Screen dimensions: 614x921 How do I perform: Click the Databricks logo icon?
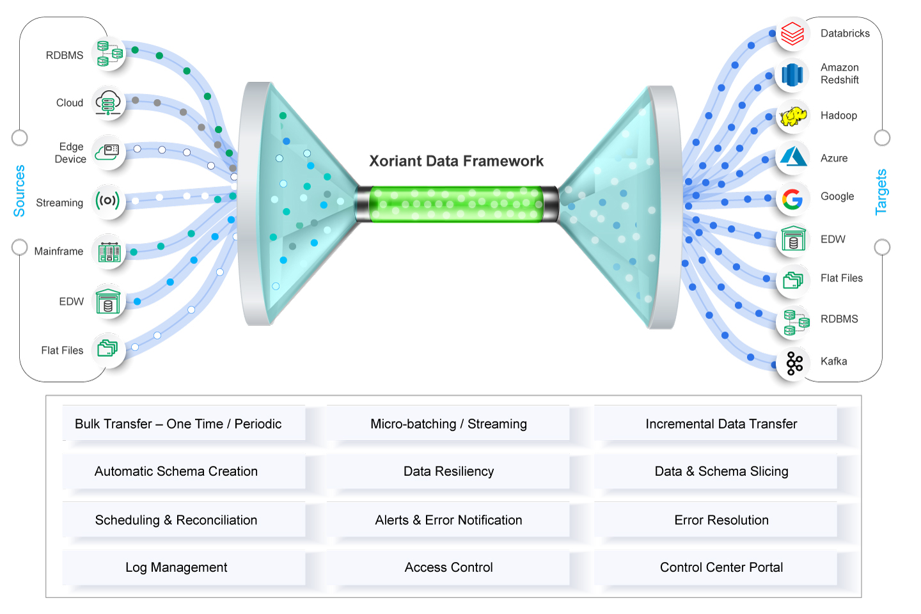(792, 33)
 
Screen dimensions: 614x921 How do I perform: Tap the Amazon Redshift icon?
(792, 75)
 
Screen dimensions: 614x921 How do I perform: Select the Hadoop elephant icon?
(793, 116)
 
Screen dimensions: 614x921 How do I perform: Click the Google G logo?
(792, 200)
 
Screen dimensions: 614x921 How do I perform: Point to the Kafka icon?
(794, 363)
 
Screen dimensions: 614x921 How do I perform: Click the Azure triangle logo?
(793, 157)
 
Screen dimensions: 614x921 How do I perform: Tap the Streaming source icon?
(107, 201)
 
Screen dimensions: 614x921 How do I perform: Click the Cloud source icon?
(107, 102)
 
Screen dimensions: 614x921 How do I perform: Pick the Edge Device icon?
(107, 152)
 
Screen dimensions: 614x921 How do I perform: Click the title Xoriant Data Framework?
(456, 161)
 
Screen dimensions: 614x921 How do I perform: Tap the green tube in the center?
(457, 204)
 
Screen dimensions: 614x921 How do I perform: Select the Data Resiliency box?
(448, 472)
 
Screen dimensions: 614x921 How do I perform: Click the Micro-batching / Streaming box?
(448, 424)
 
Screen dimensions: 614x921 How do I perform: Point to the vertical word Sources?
(20, 191)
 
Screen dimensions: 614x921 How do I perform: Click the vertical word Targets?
(881, 192)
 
